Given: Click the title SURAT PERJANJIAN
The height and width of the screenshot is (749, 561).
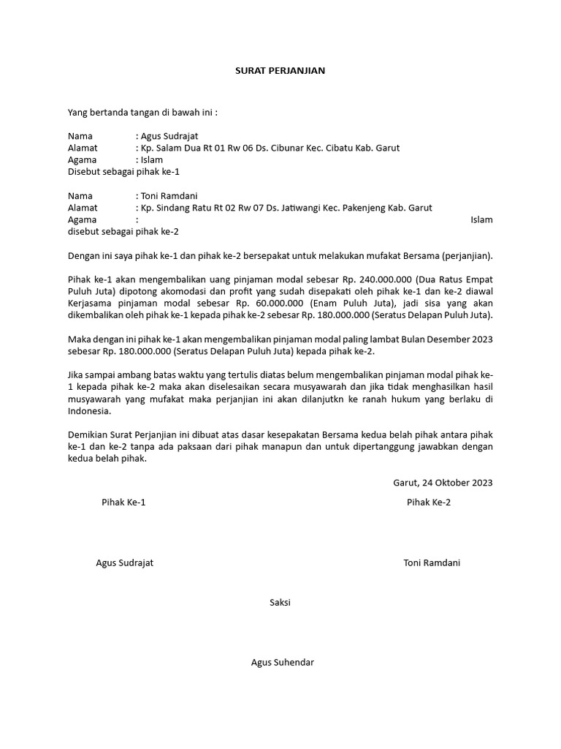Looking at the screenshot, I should coord(280,71).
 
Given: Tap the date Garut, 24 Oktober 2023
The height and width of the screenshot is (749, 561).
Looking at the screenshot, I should coord(443,482).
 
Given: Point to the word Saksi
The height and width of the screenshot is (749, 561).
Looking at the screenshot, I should coord(280,602).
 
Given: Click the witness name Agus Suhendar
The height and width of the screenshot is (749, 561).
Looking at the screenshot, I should coord(282,662).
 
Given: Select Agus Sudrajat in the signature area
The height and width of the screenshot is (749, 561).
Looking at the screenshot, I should coord(125,562).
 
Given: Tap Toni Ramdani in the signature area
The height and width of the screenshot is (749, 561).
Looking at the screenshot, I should coord(432,562).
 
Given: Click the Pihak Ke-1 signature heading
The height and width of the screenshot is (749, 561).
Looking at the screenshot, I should coord(123,503).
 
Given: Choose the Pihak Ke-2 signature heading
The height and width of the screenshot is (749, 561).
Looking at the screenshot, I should coord(429,503).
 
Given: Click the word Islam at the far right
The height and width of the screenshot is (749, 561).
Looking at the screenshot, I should coord(481,219).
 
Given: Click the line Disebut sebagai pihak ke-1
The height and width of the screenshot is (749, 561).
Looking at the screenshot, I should coord(123,171).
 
